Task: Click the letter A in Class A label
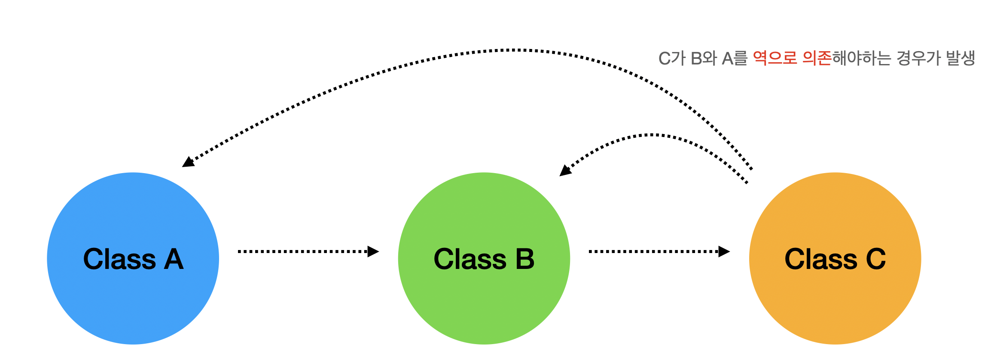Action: (x=174, y=259)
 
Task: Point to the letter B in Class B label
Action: (x=525, y=259)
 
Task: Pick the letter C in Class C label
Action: (x=876, y=259)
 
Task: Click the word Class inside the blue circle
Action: (x=119, y=259)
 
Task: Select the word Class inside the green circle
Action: (x=470, y=259)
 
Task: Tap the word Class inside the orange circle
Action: (x=821, y=259)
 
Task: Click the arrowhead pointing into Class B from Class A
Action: (x=373, y=251)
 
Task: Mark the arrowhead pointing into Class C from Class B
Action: (x=724, y=251)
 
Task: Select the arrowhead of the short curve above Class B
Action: (x=565, y=171)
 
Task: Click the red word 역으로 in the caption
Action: (x=775, y=58)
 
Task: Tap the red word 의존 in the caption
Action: (x=817, y=58)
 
